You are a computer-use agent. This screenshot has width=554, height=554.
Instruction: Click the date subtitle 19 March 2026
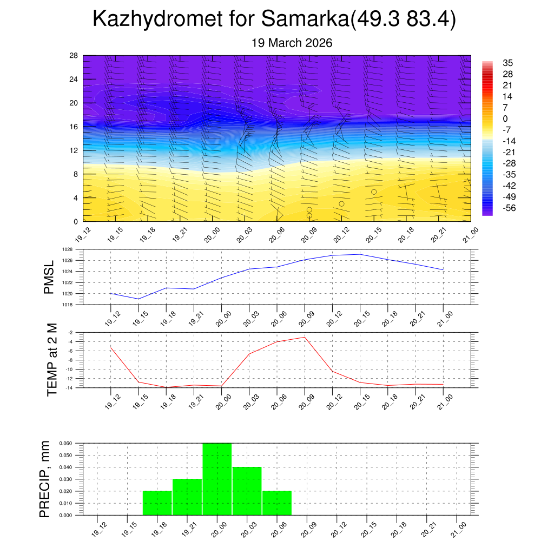(x=292, y=43)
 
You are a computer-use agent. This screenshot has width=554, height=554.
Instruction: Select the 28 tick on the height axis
(x=74, y=56)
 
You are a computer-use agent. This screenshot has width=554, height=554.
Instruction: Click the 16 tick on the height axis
(x=74, y=127)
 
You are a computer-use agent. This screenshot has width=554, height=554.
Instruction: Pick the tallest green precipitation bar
(x=217, y=479)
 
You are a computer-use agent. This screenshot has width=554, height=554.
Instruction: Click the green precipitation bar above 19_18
(x=157, y=503)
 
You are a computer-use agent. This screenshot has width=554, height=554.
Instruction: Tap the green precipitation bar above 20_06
(x=277, y=503)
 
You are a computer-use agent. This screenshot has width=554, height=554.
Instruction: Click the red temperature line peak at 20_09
(x=305, y=337)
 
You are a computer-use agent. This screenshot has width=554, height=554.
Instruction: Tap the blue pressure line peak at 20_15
(x=360, y=254)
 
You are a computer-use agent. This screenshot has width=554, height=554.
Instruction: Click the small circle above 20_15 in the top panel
(x=374, y=192)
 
